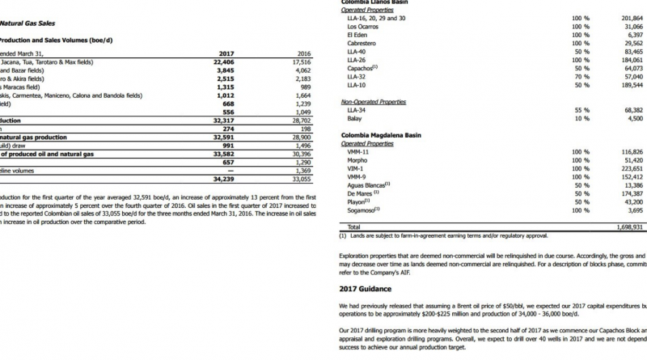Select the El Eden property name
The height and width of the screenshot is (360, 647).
click(357, 36)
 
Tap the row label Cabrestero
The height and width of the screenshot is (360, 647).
click(362, 44)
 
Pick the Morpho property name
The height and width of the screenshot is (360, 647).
click(357, 160)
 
